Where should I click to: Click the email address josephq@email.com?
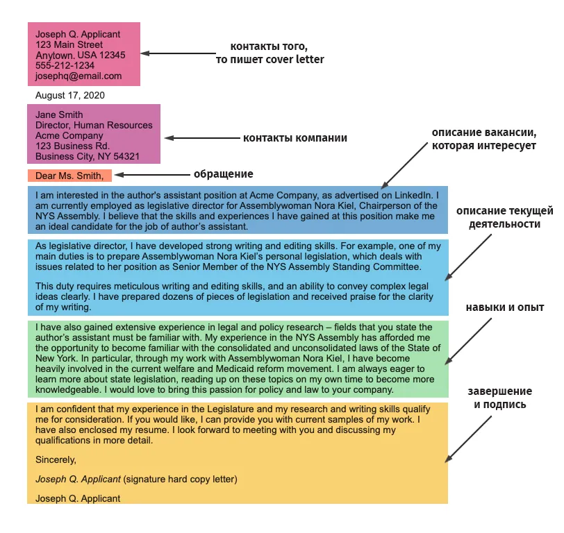pos(78,76)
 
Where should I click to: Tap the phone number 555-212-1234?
pos(65,66)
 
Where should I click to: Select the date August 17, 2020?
pos(69,96)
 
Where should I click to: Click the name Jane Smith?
pos(59,115)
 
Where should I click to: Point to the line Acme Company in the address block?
pos(69,136)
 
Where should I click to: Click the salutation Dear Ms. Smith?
pos(69,176)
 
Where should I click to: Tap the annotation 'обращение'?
pos(224,174)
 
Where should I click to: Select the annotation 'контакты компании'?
pos(295,138)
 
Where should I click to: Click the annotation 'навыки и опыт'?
pos(505,307)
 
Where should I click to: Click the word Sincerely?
pos(56,460)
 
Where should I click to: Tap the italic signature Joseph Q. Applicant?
pos(78,480)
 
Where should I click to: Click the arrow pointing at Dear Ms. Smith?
pos(153,175)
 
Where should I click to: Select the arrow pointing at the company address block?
pos(203,138)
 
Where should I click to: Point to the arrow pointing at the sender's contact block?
pos(179,53)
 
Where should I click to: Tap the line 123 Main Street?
pos(69,45)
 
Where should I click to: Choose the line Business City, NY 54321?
pos(88,157)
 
